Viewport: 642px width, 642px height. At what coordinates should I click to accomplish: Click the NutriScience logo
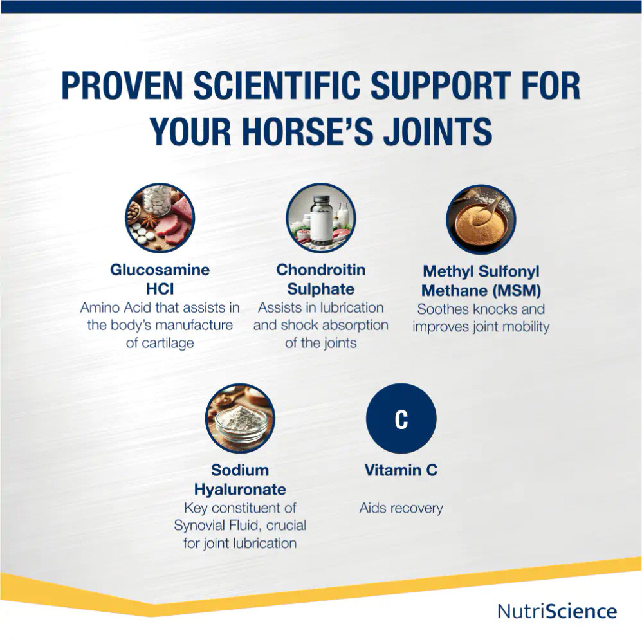tap(557, 611)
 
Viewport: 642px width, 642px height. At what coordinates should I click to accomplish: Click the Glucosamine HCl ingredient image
tap(160, 218)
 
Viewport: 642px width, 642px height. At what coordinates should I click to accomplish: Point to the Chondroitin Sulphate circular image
tap(320, 218)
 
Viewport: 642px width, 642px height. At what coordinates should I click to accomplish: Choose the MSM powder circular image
tap(481, 219)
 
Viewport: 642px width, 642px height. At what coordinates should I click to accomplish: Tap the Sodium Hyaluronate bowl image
tap(240, 418)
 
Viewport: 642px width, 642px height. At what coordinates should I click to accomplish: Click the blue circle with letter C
tap(401, 419)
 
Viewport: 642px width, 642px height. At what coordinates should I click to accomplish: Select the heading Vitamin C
tap(401, 470)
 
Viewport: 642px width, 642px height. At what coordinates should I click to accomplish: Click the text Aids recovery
tap(401, 508)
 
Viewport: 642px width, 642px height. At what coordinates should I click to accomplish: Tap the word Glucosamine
tap(160, 270)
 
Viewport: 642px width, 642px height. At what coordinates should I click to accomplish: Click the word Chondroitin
tap(320, 270)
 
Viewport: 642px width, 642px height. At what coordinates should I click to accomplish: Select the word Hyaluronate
tap(240, 489)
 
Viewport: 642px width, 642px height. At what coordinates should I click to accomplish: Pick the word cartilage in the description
tap(160, 343)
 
